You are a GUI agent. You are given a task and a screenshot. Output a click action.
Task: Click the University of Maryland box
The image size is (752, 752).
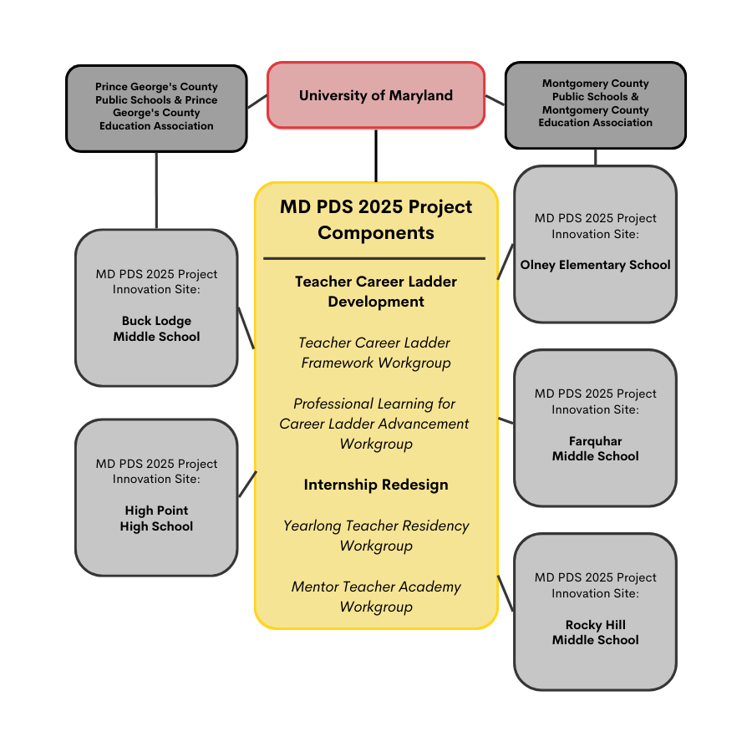pyautogui.click(x=376, y=95)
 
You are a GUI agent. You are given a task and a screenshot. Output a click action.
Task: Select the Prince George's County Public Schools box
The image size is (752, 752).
pyautogui.click(x=156, y=107)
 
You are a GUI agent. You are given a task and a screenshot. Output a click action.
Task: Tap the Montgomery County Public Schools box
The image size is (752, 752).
pyautogui.click(x=595, y=104)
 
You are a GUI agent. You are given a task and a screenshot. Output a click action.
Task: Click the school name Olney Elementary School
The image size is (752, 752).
pyautogui.click(x=595, y=265)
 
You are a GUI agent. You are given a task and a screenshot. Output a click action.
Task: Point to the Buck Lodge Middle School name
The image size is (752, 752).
pyautogui.click(x=156, y=329)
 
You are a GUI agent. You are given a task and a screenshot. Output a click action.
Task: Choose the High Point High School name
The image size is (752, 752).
pyautogui.click(x=156, y=519)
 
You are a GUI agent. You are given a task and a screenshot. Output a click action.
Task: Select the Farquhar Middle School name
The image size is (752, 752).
pyautogui.click(x=595, y=449)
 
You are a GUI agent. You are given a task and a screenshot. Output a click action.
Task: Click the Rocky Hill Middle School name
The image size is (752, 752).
pyautogui.click(x=595, y=633)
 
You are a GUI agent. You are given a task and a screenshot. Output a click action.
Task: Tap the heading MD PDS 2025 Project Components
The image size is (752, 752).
pyautogui.click(x=376, y=220)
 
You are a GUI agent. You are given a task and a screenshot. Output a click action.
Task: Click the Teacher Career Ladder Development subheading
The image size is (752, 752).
pyautogui.click(x=376, y=292)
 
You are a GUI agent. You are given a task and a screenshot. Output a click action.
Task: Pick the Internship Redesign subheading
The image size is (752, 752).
pyautogui.click(x=376, y=485)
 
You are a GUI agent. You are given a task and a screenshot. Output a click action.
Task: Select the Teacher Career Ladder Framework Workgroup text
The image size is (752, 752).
pyautogui.click(x=376, y=353)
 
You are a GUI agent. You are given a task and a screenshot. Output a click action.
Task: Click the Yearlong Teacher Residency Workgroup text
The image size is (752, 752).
pyautogui.click(x=376, y=536)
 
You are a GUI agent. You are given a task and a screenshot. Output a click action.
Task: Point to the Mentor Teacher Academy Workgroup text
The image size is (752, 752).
pyautogui.click(x=376, y=597)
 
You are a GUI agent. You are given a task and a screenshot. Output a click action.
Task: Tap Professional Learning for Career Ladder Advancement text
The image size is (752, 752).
pyautogui.click(x=376, y=424)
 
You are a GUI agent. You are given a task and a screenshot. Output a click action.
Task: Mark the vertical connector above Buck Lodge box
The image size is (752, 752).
pyautogui.click(x=156, y=190)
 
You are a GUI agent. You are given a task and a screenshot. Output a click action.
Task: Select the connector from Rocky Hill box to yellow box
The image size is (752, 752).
pyautogui.click(x=506, y=593)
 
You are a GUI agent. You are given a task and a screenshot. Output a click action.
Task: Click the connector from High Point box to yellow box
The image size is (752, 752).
pyautogui.click(x=247, y=485)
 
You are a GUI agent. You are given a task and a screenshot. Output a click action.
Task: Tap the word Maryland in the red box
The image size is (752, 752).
pyautogui.click(x=422, y=95)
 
